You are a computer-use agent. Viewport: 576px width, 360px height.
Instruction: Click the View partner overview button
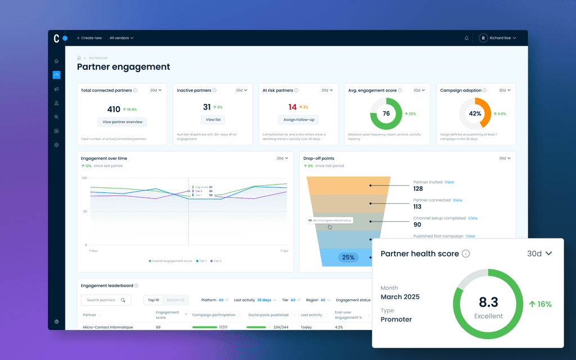pos(122,122)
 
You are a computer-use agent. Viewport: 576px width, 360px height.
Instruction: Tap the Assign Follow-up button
pos(298,120)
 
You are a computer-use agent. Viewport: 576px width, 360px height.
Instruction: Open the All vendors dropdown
pos(121,38)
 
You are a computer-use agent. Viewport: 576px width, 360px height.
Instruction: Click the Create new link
pos(91,38)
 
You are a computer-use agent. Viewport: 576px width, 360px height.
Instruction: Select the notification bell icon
pos(466,38)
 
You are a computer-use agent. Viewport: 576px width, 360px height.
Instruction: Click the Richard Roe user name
pos(500,38)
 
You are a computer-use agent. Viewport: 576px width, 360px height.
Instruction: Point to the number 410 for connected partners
pos(114,109)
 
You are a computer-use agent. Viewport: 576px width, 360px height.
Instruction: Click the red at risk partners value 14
pos(292,107)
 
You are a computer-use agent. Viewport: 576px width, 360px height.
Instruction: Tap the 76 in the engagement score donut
pos(386,114)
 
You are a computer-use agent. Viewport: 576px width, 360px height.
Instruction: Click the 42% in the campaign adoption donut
pos(475,114)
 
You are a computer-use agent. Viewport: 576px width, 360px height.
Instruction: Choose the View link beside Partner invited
pos(449,182)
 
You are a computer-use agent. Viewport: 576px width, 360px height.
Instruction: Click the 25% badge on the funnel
pos(348,258)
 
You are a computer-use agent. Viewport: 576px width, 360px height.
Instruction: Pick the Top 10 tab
pos(154,300)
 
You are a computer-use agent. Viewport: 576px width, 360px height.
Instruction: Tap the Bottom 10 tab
pos(175,300)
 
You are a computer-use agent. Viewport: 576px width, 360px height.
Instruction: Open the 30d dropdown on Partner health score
pos(539,254)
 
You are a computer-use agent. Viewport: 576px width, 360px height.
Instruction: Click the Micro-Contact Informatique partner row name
pos(108,327)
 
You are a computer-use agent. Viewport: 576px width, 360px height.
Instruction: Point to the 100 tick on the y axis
pos(84,178)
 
